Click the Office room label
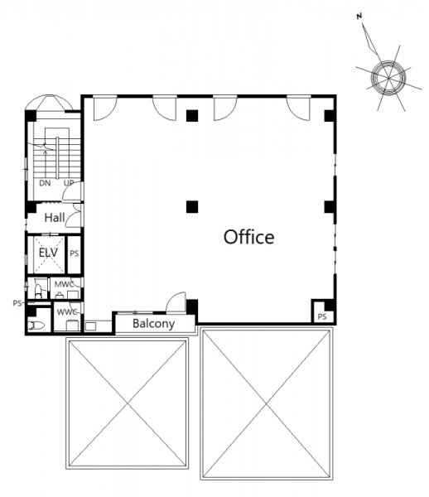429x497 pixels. pos(249,237)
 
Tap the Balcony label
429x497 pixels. pos(154,324)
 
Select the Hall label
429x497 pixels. pos(55,218)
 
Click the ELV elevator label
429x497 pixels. pos(48,253)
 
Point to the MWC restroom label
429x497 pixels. pos(64,284)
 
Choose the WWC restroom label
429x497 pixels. pos(67,312)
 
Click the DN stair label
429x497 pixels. pos(45,183)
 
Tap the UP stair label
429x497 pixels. pos(69,183)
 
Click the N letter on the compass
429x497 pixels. pos(359,17)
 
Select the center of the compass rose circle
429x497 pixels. pos(388,78)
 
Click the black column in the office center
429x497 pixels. pos(192,206)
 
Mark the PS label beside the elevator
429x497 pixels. pos(75,253)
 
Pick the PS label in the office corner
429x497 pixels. pos(322,316)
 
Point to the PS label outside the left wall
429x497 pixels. pos(17,303)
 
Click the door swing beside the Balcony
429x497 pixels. pos(176,302)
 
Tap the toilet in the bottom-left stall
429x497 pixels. pos(36,326)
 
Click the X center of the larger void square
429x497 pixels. pos(267,403)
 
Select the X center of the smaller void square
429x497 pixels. pos(127,403)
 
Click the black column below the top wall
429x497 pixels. pos(192,116)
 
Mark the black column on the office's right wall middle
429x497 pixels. pos(330,206)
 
